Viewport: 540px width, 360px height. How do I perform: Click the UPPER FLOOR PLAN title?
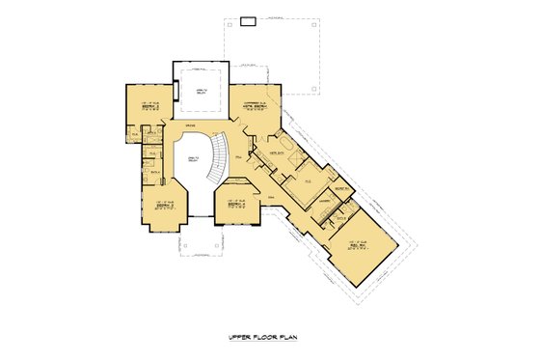(269, 338)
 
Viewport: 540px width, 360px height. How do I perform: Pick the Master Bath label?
(275, 153)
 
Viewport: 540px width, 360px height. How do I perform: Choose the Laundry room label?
(326, 201)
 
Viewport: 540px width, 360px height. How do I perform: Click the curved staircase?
(226, 154)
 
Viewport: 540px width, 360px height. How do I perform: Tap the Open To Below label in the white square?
(201, 91)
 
